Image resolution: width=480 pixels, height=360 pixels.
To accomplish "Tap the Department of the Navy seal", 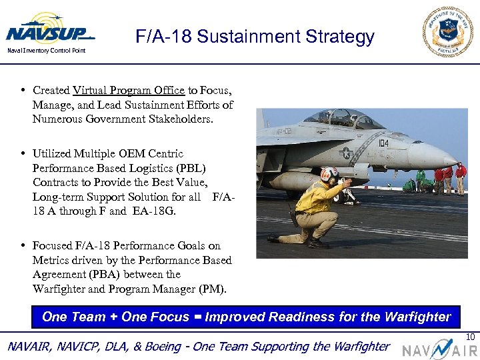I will tap(448, 31).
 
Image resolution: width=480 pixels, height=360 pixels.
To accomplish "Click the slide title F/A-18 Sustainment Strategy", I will tap(255, 37).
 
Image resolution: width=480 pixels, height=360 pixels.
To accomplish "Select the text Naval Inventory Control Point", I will tap(46, 51).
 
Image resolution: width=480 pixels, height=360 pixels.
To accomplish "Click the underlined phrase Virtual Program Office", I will tap(129, 90).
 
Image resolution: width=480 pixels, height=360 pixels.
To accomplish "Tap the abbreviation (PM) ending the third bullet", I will tap(212, 289).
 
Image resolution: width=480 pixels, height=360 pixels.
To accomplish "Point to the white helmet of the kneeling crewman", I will tap(329, 175).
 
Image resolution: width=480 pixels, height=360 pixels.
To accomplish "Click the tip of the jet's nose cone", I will tap(457, 161).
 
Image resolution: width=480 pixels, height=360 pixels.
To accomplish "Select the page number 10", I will tap(470, 337).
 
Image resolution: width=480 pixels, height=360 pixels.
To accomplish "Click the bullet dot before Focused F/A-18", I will tap(23, 246).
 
